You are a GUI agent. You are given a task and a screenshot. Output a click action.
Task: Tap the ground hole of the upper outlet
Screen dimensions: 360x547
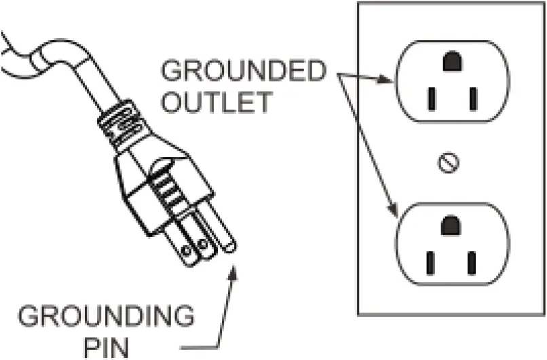(450, 62)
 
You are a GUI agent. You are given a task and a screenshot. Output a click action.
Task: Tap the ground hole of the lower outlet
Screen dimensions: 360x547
(449, 226)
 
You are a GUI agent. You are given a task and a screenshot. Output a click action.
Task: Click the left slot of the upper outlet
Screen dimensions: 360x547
(430, 100)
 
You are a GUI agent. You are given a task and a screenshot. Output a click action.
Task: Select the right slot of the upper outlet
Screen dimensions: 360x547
(472, 100)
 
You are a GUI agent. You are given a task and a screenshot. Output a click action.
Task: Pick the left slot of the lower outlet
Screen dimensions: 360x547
(430, 262)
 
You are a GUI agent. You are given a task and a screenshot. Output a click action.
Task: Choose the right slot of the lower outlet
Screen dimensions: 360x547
(472, 262)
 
